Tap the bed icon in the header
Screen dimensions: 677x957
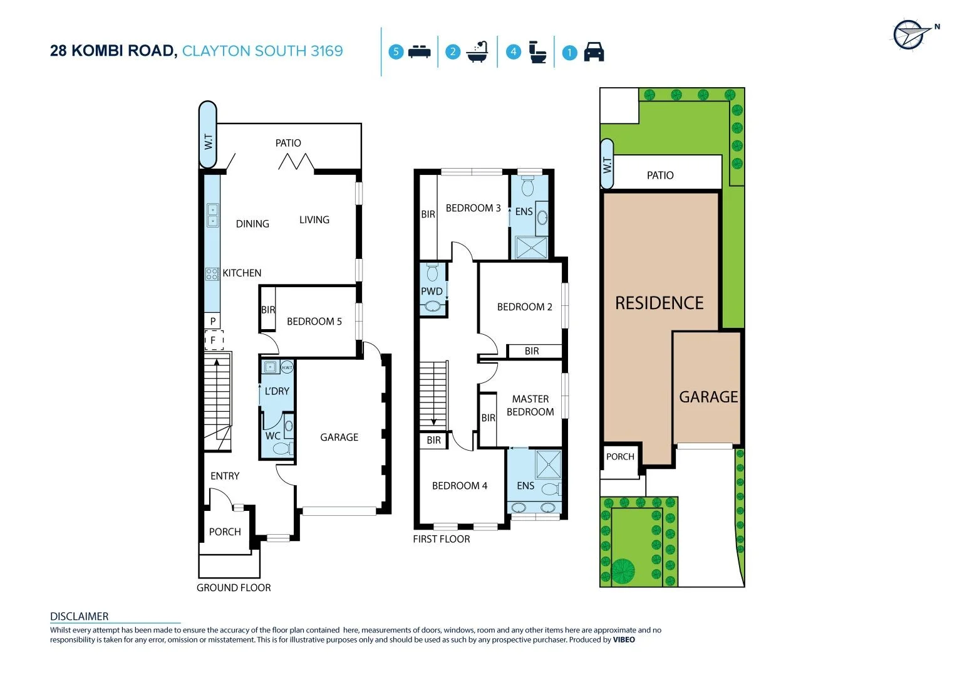tap(419, 52)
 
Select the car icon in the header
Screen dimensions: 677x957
tap(594, 52)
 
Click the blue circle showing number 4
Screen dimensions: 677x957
tap(514, 52)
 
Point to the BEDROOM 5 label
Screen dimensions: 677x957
tap(314, 322)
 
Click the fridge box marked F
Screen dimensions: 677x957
tap(213, 340)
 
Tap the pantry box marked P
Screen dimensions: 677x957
tap(213, 321)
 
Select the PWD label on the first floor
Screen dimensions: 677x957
tap(432, 291)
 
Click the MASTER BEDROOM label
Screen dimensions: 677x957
tap(530, 406)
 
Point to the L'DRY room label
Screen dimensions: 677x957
tap(277, 391)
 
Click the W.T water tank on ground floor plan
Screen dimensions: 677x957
tap(208, 135)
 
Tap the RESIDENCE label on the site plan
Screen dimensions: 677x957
tap(659, 303)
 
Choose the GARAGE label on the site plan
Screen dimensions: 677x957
tap(708, 397)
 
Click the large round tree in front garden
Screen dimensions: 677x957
tap(623, 570)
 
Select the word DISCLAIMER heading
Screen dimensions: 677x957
tap(79, 617)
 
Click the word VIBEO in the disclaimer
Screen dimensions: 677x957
tap(623, 640)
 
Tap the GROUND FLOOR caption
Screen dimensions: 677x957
tap(234, 588)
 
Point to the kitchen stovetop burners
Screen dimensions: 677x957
tap(212, 273)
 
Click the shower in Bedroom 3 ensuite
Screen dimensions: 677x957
tap(530, 248)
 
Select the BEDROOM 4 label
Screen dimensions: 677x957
tap(459, 486)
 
